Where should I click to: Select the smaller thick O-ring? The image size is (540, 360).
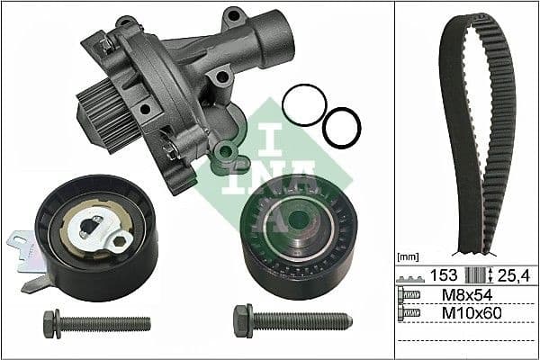coord(341,127)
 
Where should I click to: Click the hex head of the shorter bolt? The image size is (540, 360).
coord(49,320)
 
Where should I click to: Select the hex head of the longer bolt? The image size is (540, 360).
coord(243,320)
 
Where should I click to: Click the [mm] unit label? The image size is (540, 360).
coord(408,256)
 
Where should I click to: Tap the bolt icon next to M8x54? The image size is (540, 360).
coord(409,294)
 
